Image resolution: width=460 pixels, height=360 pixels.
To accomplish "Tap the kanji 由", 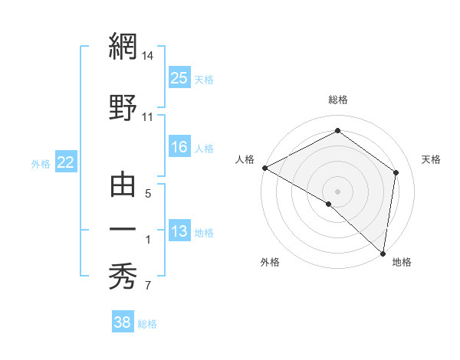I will tap(123, 185).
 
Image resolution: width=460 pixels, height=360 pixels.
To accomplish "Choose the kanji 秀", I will tap(123, 273).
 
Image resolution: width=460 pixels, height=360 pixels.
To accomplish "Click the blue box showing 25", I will tap(179, 78).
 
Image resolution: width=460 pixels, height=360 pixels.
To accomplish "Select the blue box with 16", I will tap(179, 147).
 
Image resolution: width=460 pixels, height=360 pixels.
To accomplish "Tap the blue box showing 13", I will tap(179, 231).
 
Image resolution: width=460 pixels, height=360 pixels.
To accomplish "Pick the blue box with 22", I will tap(65, 162).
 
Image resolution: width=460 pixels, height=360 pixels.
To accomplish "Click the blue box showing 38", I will tap(123, 322).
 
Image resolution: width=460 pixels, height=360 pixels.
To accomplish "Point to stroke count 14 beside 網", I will tap(148, 56).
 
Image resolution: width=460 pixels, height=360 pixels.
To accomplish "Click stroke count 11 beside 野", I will tap(148, 117).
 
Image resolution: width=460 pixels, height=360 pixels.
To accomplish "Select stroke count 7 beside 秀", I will tap(148, 286).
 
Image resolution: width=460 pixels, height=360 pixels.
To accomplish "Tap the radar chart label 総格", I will tap(338, 100).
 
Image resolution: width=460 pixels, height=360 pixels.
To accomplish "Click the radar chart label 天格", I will tap(432, 159).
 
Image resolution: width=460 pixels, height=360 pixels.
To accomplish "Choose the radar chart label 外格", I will tap(270, 262).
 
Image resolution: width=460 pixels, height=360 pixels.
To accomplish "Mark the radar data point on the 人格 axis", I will tap(264, 167).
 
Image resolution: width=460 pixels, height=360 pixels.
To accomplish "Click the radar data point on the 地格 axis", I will tap(383, 253).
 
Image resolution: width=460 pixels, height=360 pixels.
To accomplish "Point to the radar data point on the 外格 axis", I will tap(329, 204).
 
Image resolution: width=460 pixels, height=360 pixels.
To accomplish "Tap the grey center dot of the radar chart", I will tap(337, 191).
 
